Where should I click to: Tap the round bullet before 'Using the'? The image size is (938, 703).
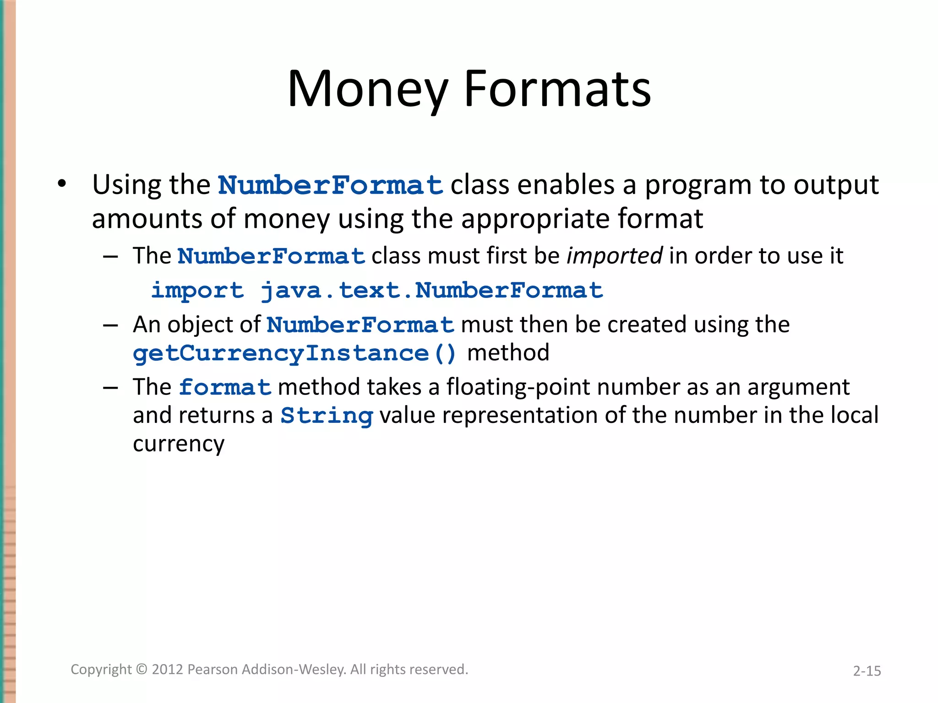pyautogui.click(x=62, y=184)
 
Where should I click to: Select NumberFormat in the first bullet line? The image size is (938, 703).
pyautogui.click(x=330, y=185)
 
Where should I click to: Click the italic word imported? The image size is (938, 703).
pyautogui.click(x=614, y=256)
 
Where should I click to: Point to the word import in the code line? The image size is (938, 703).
pyautogui.click(x=197, y=291)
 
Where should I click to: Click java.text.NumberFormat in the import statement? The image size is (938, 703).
pyautogui.click(x=431, y=291)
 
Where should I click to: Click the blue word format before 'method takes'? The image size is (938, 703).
pyautogui.click(x=225, y=388)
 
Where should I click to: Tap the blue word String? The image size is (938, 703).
pyautogui.click(x=327, y=416)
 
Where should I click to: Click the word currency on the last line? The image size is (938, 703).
pyautogui.click(x=179, y=444)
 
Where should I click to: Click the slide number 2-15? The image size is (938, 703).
pyautogui.click(x=867, y=671)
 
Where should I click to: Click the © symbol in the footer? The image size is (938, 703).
pyautogui.click(x=142, y=670)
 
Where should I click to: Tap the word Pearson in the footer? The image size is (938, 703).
pyautogui.click(x=213, y=670)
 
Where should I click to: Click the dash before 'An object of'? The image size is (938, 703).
pyautogui.click(x=111, y=325)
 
